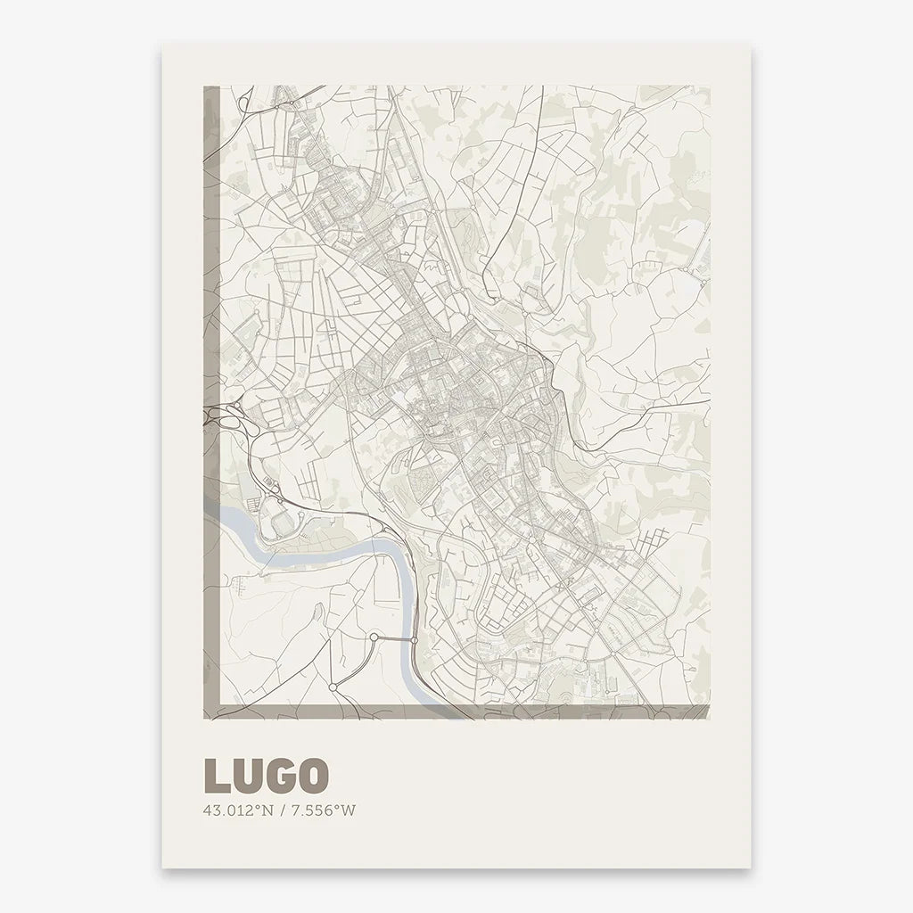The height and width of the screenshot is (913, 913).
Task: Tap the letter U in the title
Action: pos(247,776)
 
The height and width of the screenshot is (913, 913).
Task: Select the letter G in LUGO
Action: pos(278,776)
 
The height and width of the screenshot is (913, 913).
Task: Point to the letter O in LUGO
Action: pos(310,776)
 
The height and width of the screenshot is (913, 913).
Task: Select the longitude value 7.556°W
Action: pos(320,810)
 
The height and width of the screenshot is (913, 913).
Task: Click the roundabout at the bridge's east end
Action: pos(415,640)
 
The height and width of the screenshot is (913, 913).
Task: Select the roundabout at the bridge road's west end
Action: pos(374,637)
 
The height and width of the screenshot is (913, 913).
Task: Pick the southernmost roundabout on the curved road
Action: pos(332,687)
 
